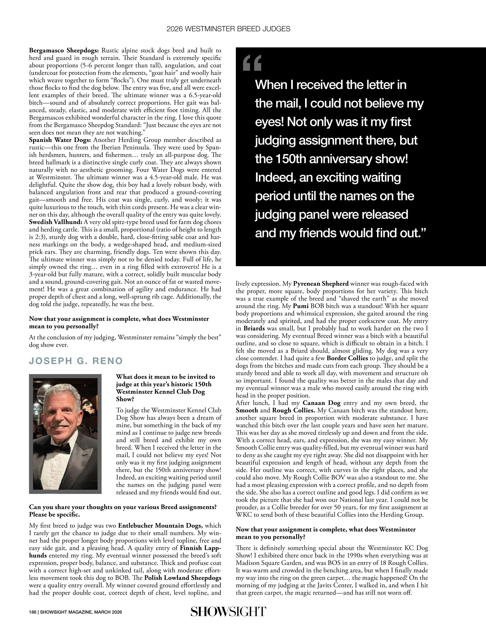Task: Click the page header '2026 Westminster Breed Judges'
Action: click(x=228, y=29)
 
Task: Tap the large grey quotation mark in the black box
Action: click(x=252, y=63)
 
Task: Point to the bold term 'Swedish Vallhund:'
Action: click(x=56, y=222)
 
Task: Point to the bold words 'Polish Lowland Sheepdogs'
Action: click(x=183, y=578)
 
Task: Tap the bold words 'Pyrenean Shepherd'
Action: click(x=321, y=284)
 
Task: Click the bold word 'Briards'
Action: click(x=254, y=328)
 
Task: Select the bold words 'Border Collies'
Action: click(x=347, y=358)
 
